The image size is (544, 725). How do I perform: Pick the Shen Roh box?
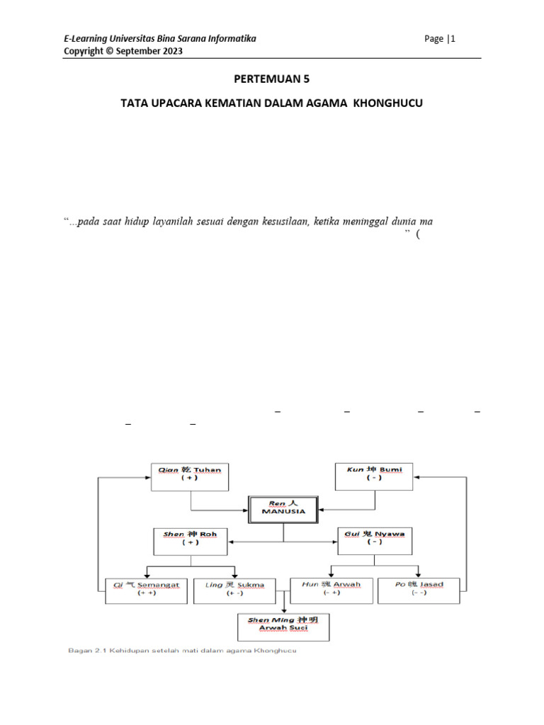[x=190, y=540]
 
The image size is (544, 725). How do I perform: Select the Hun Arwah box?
[x=331, y=590]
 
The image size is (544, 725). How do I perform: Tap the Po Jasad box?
[x=419, y=590]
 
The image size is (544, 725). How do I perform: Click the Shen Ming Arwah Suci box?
[x=283, y=626]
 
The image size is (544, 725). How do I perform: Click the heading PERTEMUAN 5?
[x=272, y=79]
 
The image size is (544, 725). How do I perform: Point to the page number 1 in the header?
[x=453, y=39]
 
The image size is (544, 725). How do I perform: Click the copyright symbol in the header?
[x=106, y=52]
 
